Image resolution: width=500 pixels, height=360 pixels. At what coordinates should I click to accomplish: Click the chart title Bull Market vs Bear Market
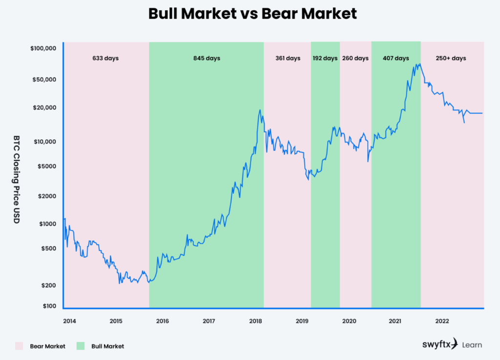tap(252, 13)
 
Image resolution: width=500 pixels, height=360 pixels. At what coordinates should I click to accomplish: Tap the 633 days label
tap(105, 58)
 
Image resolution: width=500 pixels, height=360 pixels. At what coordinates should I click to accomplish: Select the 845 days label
tap(207, 58)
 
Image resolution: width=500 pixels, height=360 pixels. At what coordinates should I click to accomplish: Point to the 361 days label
tap(287, 58)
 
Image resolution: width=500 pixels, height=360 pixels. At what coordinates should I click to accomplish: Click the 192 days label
tap(325, 58)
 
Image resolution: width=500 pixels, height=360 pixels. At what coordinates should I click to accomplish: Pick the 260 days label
tap(355, 58)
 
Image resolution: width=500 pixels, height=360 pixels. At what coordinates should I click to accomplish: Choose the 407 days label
tap(396, 58)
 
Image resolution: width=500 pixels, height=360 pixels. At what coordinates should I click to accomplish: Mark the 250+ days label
tap(452, 58)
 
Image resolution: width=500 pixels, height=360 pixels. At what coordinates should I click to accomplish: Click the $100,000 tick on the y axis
tap(43, 48)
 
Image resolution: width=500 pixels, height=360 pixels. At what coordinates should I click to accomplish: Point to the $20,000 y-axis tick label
tap(45, 107)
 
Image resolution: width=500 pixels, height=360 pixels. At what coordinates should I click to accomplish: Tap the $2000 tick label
tap(47, 196)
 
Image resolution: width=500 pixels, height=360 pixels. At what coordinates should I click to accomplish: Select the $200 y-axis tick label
tap(49, 285)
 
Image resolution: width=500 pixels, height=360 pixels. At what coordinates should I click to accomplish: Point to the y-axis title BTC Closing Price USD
tap(16, 179)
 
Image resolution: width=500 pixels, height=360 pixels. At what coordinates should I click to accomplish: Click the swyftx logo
tap(440, 344)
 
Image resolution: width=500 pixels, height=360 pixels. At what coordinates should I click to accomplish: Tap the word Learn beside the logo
tap(472, 345)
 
